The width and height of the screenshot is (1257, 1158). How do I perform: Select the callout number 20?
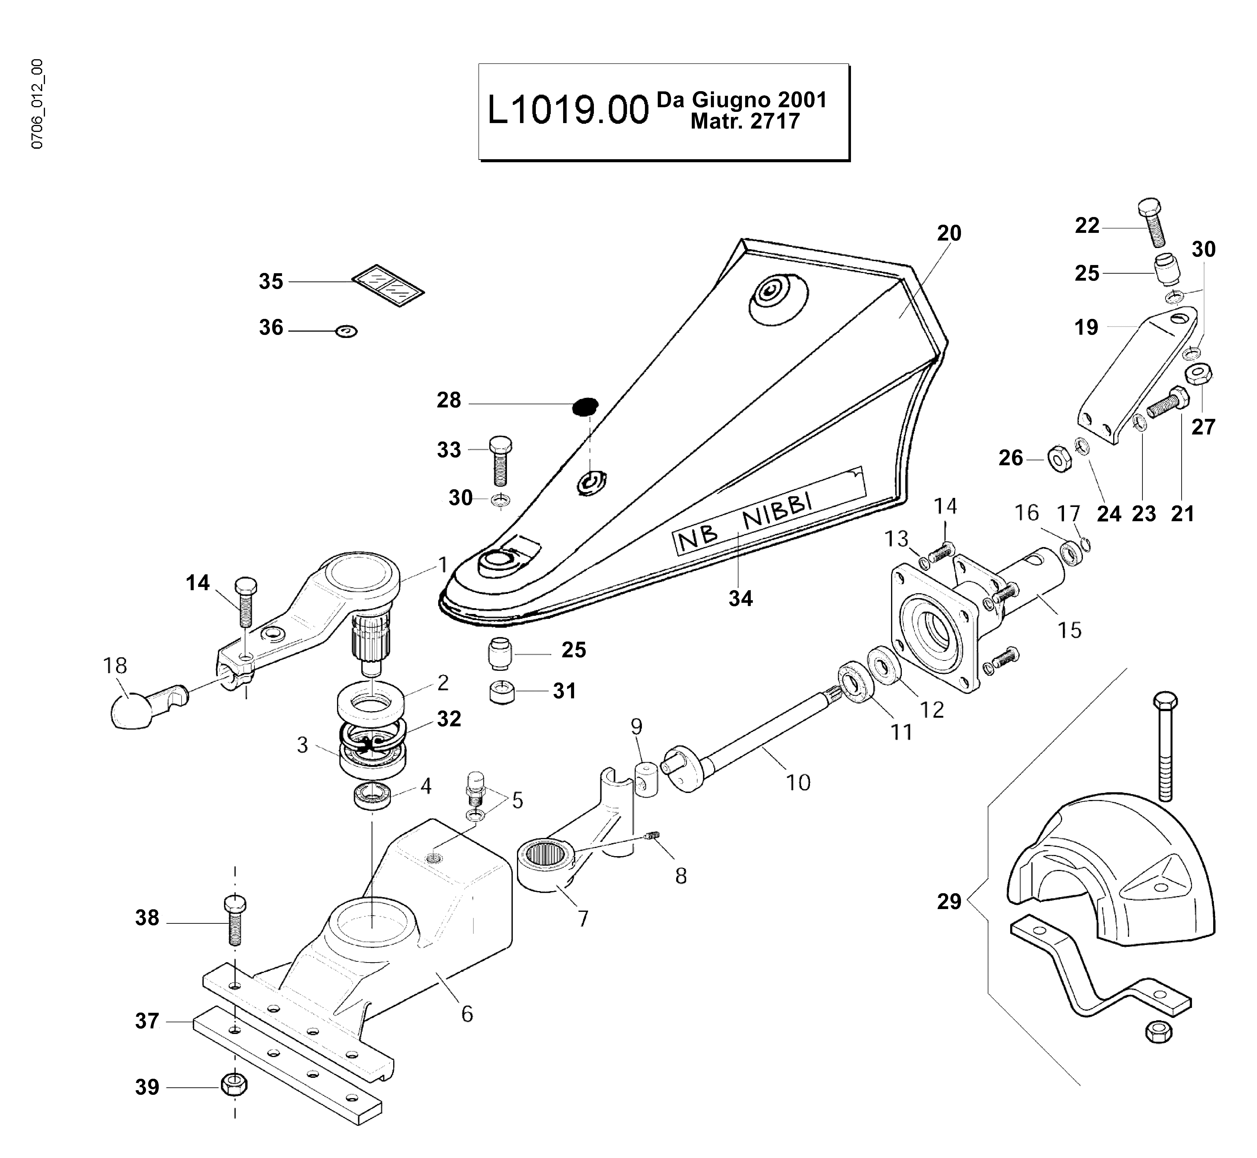949,233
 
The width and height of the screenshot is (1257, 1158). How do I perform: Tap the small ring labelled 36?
346,331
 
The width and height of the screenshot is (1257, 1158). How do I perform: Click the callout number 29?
949,901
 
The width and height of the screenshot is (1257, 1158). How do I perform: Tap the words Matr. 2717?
745,121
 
